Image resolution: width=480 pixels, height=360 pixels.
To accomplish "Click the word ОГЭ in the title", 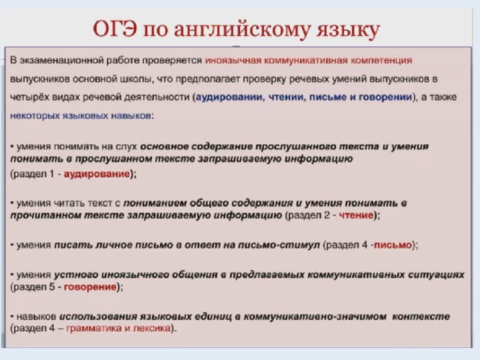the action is coord(115,29).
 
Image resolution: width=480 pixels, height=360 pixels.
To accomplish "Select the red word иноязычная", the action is coord(233,60).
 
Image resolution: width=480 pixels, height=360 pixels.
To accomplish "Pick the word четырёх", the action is coord(25,97).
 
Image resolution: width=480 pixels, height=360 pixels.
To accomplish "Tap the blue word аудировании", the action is coord(229,97).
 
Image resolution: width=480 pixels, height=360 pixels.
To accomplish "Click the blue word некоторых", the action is coord(35,115).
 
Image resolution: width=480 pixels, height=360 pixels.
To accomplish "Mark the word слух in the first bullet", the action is coord(127,147).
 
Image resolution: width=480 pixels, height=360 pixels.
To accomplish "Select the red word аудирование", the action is coord(97,174).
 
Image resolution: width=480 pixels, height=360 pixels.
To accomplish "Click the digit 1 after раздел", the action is coord(52,174).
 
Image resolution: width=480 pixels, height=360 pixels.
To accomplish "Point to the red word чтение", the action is coord(357,215).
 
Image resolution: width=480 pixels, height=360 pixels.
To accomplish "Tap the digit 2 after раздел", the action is coord(327,215).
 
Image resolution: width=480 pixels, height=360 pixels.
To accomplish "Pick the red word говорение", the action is coord(90,287).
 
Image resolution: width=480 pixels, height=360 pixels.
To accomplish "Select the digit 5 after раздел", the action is coord(52,286).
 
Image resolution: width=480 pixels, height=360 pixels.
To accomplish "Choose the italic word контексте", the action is coord(421,316).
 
